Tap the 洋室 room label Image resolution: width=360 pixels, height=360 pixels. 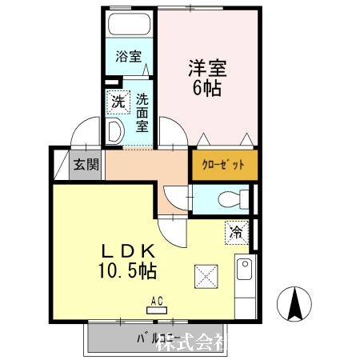point(206,66)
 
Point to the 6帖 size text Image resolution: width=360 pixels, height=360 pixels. point(206,87)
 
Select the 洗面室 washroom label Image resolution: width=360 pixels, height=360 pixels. point(142,112)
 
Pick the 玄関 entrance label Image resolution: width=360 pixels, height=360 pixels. point(86,166)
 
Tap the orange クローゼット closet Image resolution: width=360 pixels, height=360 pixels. point(225,166)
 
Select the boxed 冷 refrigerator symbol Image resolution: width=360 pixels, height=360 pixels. point(237,232)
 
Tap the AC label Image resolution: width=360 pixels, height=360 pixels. point(157,301)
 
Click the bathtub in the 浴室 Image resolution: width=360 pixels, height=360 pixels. point(128,25)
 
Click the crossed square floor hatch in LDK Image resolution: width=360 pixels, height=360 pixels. point(203,278)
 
